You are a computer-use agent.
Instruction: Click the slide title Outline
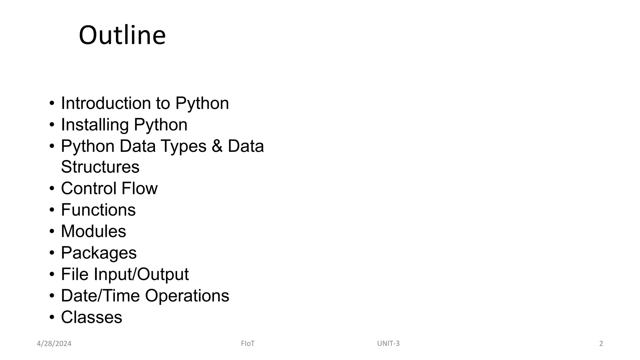coord(122,35)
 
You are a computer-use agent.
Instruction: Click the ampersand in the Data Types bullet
coord(217,146)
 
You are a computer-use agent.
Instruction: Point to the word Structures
coord(100,167)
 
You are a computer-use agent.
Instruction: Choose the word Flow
coord(139,188)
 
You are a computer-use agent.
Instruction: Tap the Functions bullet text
coord(98,210)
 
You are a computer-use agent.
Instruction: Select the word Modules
coord(93,231)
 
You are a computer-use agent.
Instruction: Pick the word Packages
coord(99,253)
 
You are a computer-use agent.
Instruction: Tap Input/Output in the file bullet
coord(141,274)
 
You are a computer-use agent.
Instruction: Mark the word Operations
coord(187,296)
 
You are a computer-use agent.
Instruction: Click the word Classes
coord(91,317)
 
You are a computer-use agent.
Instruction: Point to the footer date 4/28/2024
coord(54,344)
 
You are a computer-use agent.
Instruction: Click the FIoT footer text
coord(247,343)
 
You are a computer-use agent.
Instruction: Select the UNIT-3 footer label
coord(388,343)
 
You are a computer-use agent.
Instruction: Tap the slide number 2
coord(601,344)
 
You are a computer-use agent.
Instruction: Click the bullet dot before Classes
coord(52,317)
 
